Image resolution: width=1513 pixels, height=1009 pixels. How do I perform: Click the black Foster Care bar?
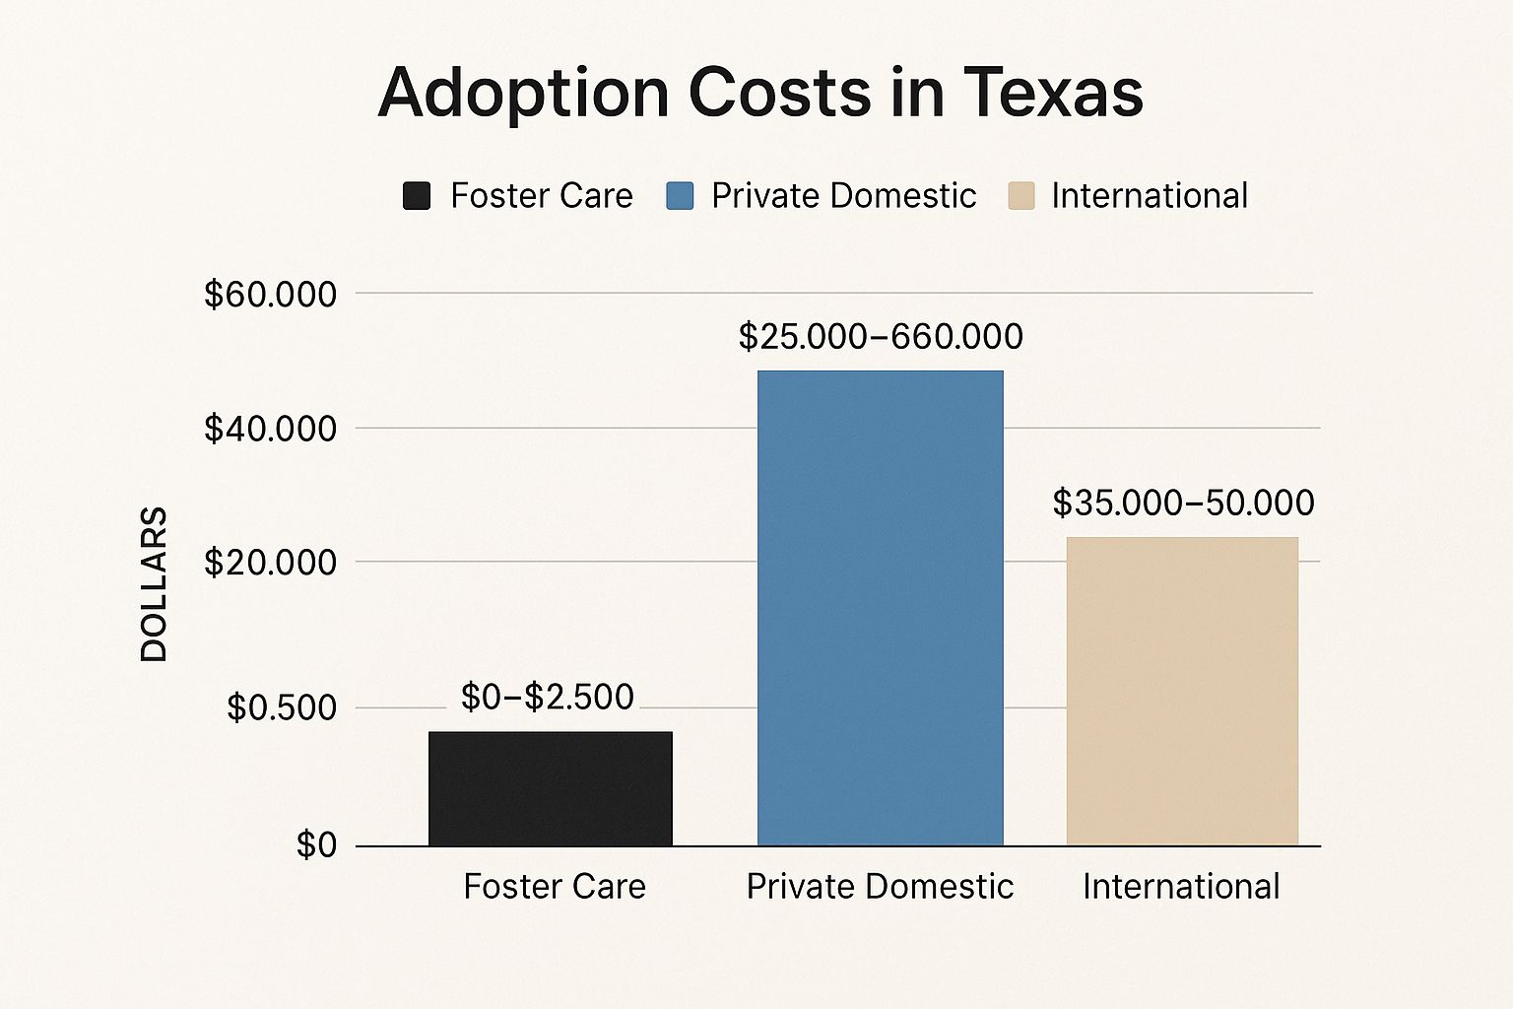tap(550, 788)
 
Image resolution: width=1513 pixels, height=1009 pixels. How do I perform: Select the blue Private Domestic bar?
tap(880, 608)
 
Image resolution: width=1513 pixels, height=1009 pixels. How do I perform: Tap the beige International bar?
tap(1182, 691)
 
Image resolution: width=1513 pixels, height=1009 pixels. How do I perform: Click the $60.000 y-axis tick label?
tap(270, 295)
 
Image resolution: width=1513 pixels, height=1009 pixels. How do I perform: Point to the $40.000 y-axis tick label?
tap(270, 429)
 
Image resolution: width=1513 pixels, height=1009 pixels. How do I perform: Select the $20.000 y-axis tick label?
tap(270, 563)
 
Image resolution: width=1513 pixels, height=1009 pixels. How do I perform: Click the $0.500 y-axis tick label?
tap(282, 707)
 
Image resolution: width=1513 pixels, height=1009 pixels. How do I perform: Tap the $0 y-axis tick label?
tap(316, 845)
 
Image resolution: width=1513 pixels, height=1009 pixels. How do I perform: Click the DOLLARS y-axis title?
tap(155, 583)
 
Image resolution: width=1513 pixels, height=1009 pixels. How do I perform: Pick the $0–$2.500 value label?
tap(548, 698)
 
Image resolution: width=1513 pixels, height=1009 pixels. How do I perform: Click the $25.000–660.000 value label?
tap(881, 337)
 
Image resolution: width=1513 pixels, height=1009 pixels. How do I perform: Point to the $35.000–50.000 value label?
tap(1183, 504)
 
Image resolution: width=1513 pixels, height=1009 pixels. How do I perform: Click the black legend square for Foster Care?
tap(417, 196)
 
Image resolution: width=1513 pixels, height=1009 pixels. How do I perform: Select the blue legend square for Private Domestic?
tap(680, 196)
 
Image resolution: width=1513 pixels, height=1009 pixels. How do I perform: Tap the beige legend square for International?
tap(1021, 196)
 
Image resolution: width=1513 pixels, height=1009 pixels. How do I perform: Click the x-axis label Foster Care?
tap(555, 887)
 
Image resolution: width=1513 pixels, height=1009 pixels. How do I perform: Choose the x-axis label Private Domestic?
tap(880, 887)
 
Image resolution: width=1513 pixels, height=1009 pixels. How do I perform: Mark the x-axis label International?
tap(1181, 887)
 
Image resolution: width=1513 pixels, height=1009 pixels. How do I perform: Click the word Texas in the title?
tap(1053, 93)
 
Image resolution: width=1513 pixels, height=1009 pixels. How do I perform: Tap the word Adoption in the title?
tap(523, 93)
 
